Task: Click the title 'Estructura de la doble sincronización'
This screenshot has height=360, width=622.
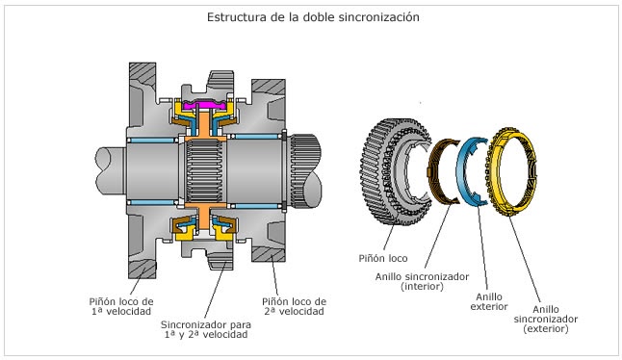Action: pos(313,17)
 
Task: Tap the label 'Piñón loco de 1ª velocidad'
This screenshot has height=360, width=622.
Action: pos(121,306)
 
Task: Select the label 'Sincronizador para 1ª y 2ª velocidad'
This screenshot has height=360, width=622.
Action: pos(206,329)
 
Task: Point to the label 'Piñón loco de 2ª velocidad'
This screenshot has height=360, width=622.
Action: pos(295,306)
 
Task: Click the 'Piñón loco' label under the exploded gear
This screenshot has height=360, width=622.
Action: pos(383,259)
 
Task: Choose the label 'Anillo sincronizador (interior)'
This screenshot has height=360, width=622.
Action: pos(422,281)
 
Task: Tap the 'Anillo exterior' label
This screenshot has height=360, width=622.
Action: pos(489,301)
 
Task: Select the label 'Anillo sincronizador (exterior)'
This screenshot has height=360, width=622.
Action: pos(546,319)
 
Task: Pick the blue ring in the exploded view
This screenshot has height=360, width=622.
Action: pos(461,170)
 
